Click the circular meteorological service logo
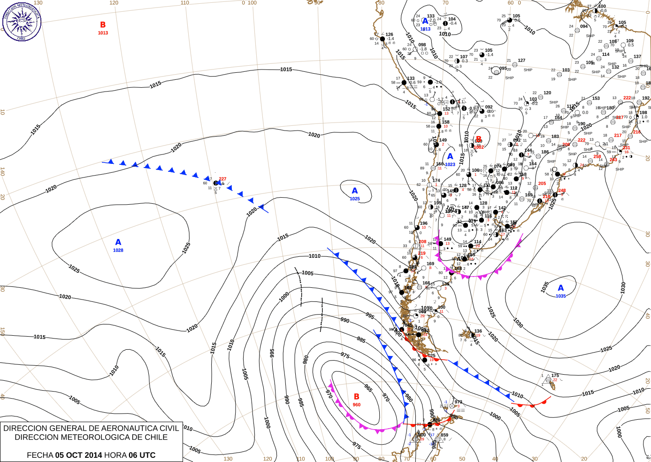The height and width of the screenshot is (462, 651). tap(22, 21)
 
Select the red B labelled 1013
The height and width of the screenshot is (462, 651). tap(103, 25)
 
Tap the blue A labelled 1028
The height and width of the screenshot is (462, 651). tap(118, 242)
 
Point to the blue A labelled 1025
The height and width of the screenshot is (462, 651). tap(355, 191)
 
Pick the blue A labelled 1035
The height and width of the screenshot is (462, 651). tap(561, 288)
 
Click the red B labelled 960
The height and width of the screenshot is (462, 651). tap(357, 397)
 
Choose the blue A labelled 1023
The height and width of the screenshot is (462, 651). tap(450, 156)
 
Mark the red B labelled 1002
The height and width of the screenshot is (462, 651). tap(479, 139)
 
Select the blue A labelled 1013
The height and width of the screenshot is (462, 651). tap(425, 21)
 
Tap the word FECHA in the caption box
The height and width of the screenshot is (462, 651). tap(40, 455)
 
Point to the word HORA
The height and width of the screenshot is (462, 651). tap(115, 455)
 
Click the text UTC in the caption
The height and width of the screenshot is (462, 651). tap(147, 455)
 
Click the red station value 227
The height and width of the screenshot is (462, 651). tap(222, 179)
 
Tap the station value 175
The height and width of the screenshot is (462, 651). tap(555, 376)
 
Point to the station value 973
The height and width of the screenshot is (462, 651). tap(458, 402)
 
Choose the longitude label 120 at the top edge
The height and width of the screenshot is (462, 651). tap(114, 3)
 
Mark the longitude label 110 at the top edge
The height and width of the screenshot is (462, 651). tap(185, 3)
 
